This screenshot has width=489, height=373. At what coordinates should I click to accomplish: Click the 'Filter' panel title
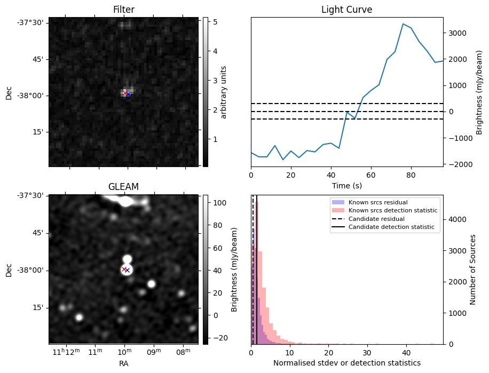click(123, 10)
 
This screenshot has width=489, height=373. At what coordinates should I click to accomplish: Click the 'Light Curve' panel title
click(346, 10)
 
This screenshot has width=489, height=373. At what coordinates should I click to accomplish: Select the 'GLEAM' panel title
click(123, 187)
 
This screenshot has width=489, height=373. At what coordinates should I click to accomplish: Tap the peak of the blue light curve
click(403, 24)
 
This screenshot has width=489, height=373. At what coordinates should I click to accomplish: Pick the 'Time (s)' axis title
click(346, 185)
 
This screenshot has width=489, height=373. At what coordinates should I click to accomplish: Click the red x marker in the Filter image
click(125, 93)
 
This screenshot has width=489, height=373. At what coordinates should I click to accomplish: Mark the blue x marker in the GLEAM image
click(127, 271)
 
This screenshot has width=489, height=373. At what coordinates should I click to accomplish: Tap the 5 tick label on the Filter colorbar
click(210, 22)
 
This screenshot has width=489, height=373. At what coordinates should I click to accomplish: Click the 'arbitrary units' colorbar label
click(224, 92)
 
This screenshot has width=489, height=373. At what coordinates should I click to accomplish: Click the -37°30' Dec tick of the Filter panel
click(33, 22)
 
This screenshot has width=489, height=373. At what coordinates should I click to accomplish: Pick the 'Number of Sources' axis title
click(473, 269)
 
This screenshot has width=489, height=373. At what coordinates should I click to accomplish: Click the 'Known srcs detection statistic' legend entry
click(392, 211)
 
